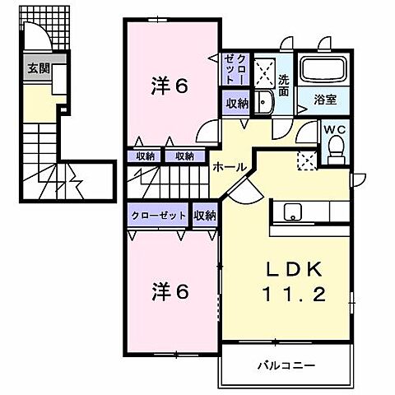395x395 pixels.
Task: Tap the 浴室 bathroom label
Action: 325,101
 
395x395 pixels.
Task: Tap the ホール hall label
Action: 229,167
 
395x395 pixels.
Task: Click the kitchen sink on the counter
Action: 293,212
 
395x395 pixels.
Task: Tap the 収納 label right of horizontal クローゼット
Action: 205,215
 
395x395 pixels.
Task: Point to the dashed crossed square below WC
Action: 306,160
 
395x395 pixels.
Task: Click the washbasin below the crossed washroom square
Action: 263,102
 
